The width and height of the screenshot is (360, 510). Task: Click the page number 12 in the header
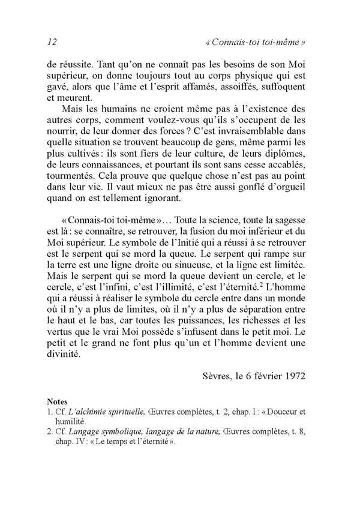[51, 43]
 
